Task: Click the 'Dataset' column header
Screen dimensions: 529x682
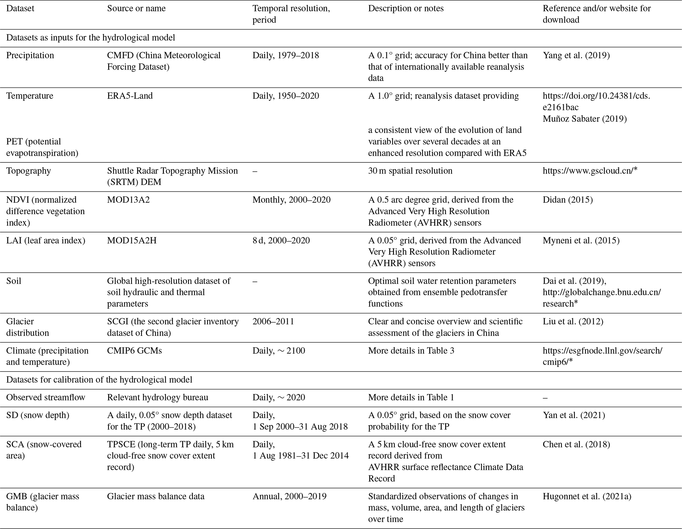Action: click(20, 9)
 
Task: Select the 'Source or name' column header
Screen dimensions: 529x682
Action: click(136, 9)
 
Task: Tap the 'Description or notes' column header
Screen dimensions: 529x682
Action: click(406, 9)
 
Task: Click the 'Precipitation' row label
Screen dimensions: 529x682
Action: click(30, 55)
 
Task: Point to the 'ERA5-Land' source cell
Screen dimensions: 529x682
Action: click(130, 96)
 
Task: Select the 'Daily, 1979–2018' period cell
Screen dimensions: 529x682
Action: click(286, 55)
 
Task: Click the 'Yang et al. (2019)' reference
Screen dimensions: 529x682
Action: click(576, 55)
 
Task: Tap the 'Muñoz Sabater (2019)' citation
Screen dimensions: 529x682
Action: click(585, 118)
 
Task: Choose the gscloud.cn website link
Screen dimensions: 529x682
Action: click(590, 171)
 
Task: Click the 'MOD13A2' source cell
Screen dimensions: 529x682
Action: click(128, 200)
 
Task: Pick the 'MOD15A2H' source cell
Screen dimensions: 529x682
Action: click(132, 240)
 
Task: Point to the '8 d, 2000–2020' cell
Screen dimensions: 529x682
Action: click(281, 240)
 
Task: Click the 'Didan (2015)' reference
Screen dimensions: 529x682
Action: click(568, 200)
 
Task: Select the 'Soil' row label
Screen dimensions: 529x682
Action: click(14, 281)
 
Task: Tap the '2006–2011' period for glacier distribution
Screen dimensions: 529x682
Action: click(273, 321)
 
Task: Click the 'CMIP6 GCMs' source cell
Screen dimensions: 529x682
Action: click(134, 350)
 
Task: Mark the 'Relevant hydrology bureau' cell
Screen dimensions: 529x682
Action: click(157, 397)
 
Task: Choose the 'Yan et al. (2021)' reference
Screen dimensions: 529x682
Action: click(574, 415)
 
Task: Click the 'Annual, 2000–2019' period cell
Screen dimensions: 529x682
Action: click(289, 496)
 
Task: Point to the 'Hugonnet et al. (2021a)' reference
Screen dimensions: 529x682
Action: click(587, 496)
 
